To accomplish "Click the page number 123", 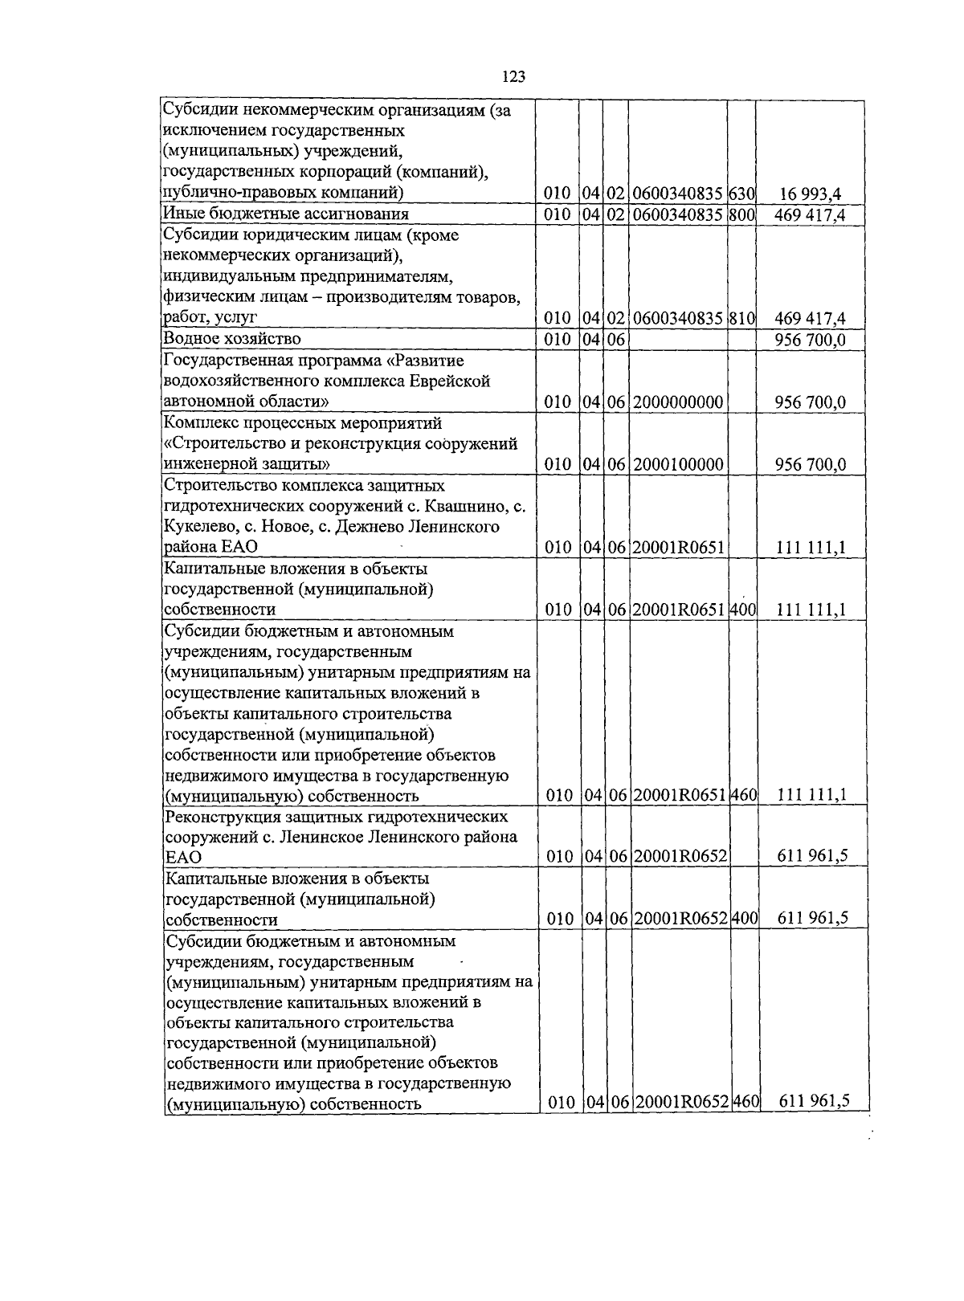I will point(513,77).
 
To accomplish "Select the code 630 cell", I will point(741,194).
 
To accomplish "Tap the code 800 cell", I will point(741,214).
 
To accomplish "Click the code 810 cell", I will point(741,319).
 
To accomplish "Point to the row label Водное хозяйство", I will point(231,339).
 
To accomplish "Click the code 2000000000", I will point(678,402).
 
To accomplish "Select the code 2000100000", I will point(678,465).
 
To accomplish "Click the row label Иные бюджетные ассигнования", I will point(285,214).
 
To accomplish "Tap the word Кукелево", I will point(198,528).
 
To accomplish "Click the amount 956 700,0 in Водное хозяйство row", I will point(810,340).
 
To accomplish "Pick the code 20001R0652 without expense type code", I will point(680,857).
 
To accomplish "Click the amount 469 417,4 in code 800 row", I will point(810,214).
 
